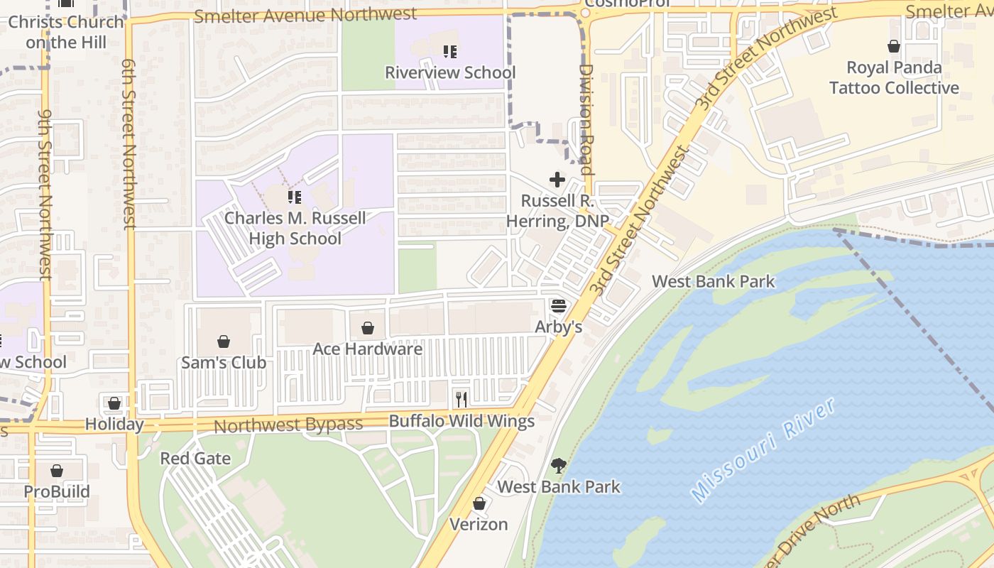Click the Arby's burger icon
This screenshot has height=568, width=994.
tap(558, 307)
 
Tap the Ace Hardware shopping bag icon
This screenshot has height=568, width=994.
tap(368, 328)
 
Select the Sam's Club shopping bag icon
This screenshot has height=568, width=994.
tap(224, 342)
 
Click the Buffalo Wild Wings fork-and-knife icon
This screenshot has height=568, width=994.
tap(461, 400)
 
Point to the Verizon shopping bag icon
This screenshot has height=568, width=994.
tap(479, 503)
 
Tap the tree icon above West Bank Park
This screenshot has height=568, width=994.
tap(559, 466)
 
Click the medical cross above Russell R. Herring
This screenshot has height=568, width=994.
tap(557, 180)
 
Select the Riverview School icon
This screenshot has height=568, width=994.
tap(450, 52)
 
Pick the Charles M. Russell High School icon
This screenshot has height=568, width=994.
tap(295, 197)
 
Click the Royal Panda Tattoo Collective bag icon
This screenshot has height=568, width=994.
tap(894, 47)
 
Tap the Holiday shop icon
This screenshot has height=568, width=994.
tap(114, 403)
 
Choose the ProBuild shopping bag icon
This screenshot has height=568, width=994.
tap(57, 471)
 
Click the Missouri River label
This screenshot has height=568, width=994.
tap(763, 450)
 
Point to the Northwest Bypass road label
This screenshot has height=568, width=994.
tap(288, 425)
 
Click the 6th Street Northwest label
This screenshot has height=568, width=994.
tap(129, 144)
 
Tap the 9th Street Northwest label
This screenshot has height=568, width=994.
tap(45, 194)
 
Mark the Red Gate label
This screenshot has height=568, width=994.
tap(195, 458)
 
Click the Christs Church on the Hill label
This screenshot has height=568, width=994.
tap(66, 32)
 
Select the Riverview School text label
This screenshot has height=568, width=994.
tap(450, 72)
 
